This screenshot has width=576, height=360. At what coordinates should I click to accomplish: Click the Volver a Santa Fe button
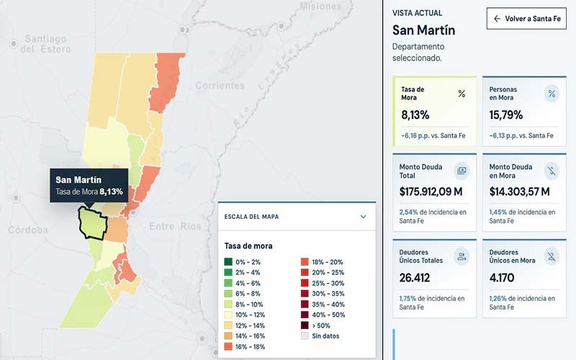tap(526, 19)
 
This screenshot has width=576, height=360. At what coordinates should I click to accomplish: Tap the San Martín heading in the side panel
tap(423, 30)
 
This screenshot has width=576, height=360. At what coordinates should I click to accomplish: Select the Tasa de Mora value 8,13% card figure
tap(415, 115)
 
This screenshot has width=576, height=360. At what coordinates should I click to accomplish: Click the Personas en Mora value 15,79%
tap(506, 115)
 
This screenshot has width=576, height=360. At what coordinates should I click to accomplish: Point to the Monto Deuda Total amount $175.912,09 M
tap(431, 192)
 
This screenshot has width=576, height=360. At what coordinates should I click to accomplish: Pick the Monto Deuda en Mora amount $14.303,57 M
tap(519, 192)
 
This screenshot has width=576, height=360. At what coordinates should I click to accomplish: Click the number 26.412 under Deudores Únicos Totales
tap(415, 278)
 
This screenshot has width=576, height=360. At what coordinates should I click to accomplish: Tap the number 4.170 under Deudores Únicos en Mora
tap(502, 278)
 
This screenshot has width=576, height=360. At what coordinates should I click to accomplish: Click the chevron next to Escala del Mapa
tap(363, 217)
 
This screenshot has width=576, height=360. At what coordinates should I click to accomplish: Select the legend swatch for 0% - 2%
tap(228, 262)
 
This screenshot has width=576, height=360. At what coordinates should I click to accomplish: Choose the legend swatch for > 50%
tap(305, 325)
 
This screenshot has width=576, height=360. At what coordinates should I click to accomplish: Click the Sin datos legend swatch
tap(305, 336)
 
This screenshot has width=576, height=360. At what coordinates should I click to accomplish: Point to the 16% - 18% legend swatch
tap(228, 346)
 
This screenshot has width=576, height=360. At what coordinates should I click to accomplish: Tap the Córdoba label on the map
tap(28, 230)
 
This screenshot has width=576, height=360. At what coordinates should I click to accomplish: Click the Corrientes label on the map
tap(220, 86)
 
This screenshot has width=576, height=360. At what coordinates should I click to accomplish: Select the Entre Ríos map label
tap(175, 226)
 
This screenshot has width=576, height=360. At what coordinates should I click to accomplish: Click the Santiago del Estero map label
tap(45, 44)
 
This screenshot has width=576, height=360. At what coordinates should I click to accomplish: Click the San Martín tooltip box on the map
tap(89, 185)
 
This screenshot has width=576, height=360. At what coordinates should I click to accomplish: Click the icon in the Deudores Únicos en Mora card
tap(552, 256)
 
